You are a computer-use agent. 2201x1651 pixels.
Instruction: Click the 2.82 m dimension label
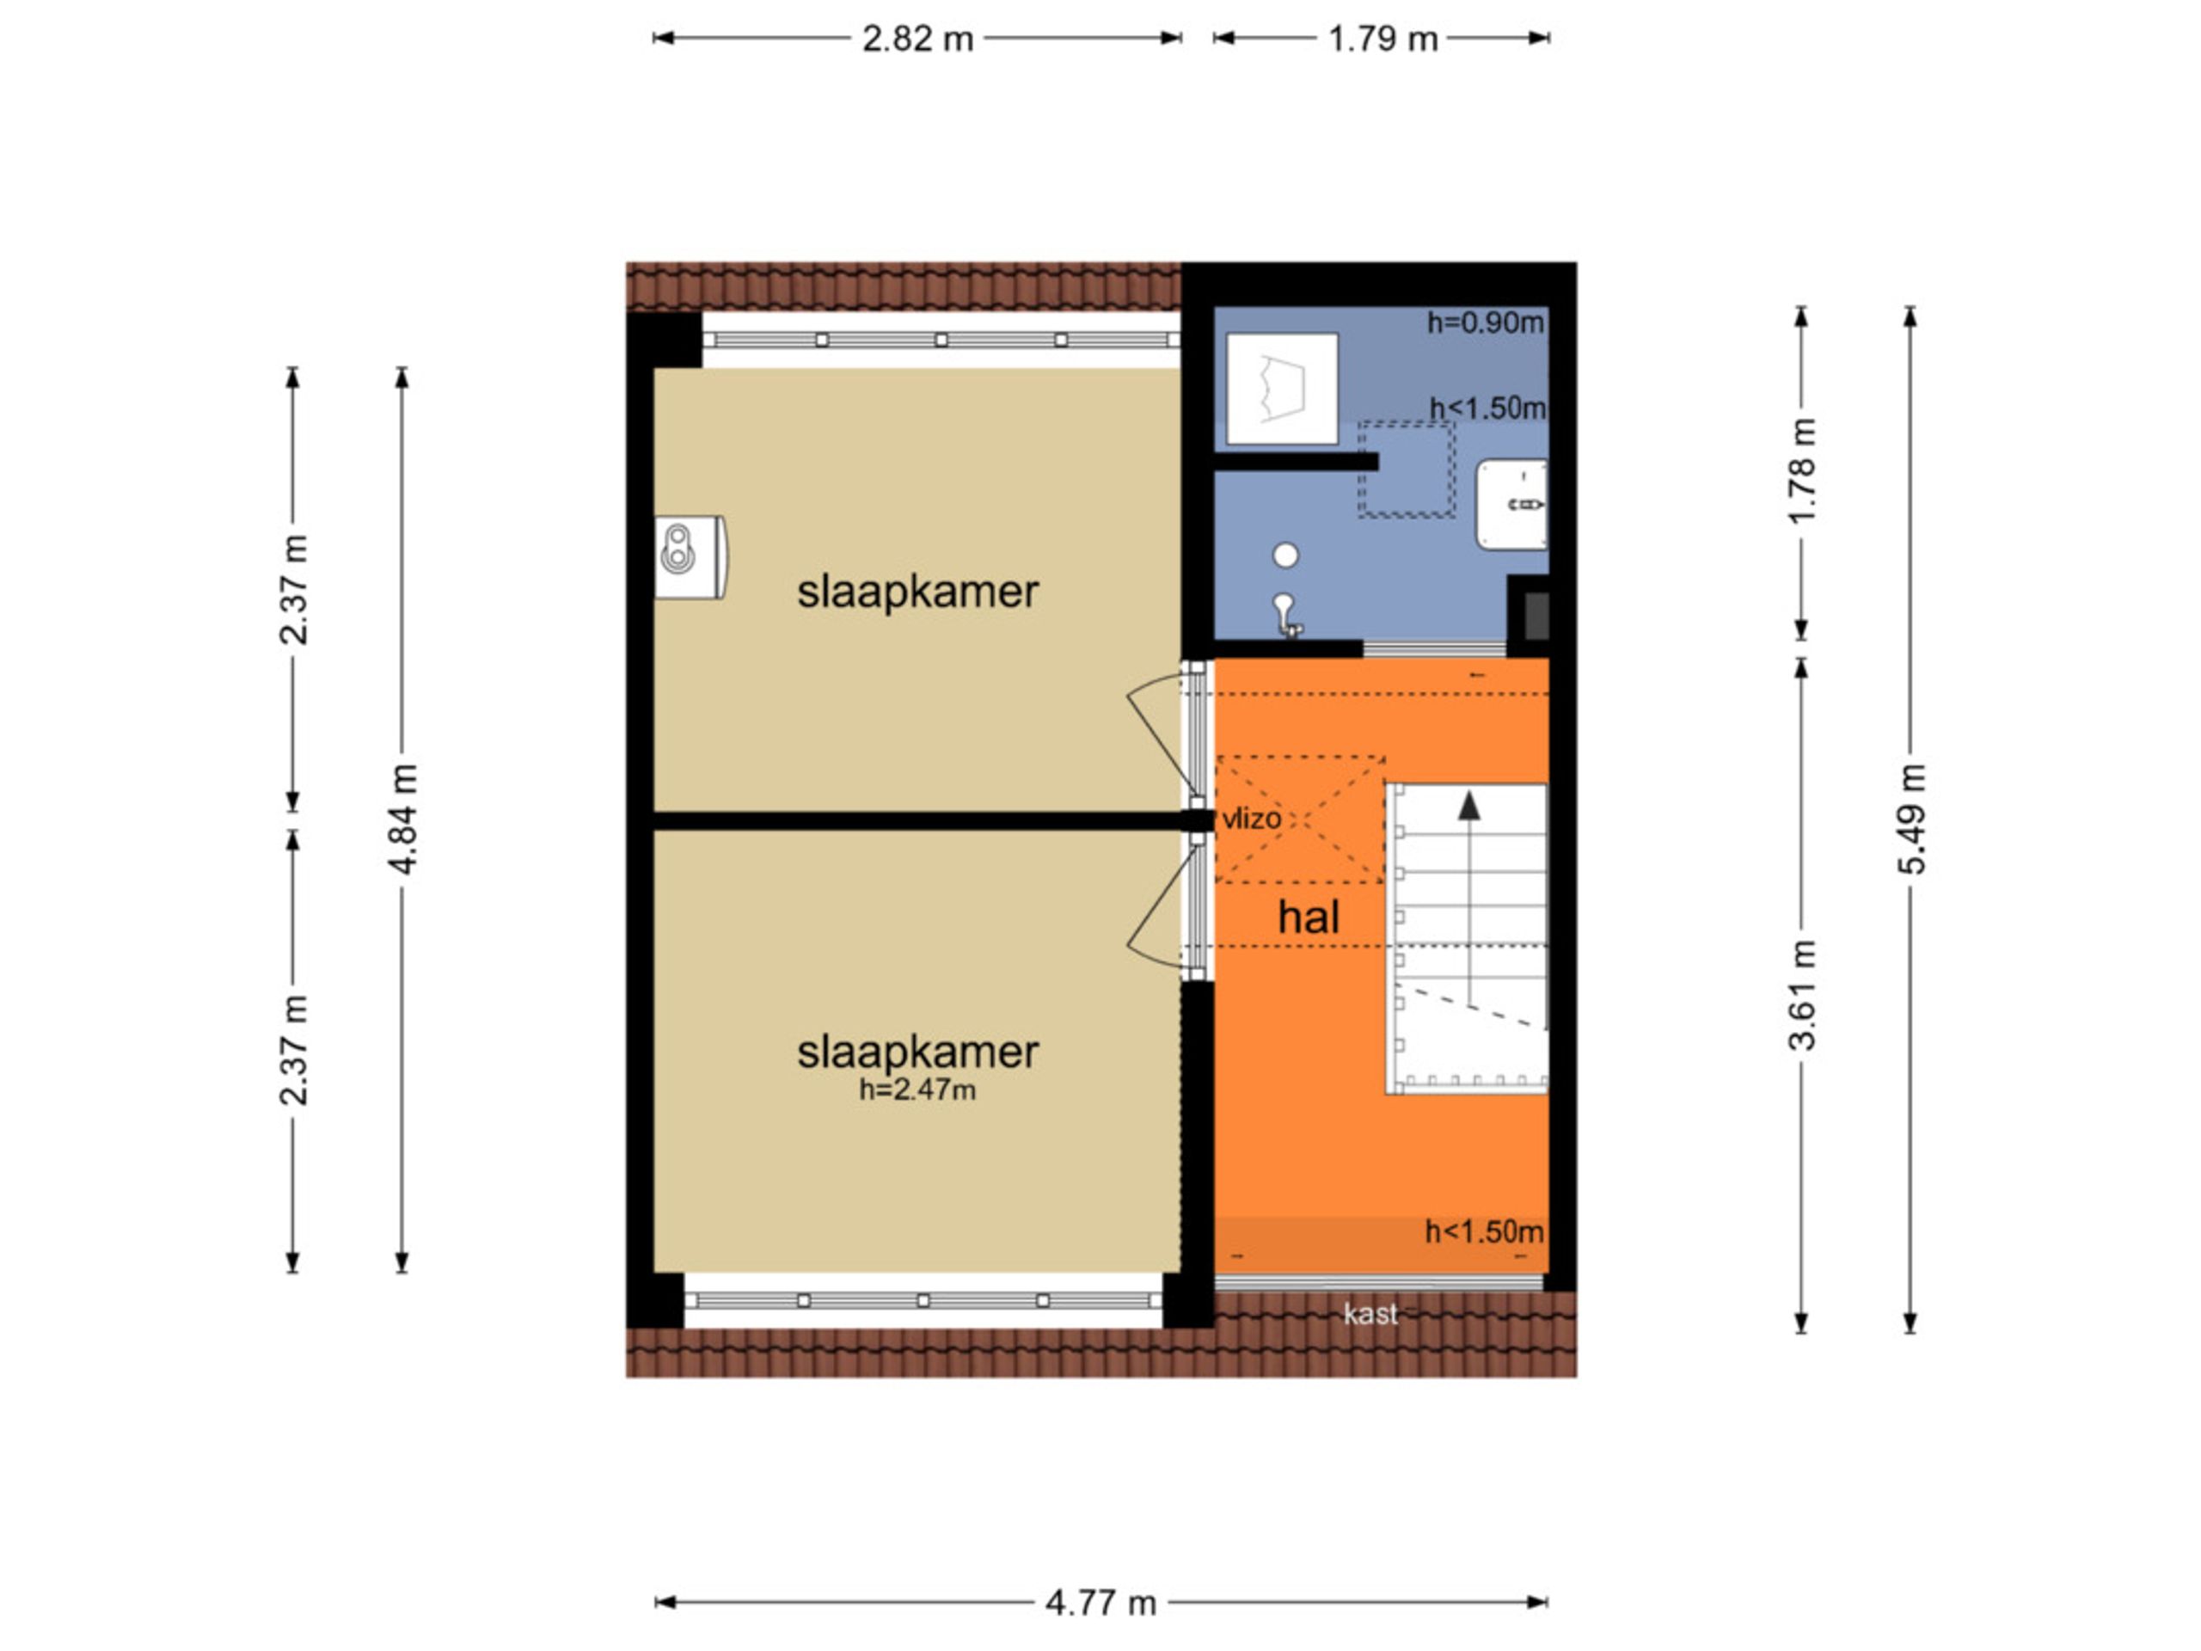point(917,39)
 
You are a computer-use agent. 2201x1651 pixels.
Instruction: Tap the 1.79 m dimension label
point(1383,39)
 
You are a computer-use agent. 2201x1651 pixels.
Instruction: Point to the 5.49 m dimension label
point(1910,819)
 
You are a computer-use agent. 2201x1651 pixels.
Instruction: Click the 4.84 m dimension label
point(402,819)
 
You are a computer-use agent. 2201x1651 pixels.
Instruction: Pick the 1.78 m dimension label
point(1802,469)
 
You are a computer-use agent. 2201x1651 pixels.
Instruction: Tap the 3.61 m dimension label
point(1802,994)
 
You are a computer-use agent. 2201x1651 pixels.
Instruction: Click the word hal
point(1309,917)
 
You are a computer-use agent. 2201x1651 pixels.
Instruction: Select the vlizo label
point(1252,818)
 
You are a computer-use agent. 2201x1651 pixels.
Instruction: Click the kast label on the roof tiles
point(1370,1314)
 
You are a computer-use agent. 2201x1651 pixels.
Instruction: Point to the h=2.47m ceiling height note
point(917,1089)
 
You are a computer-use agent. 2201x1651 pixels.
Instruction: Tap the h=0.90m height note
point(1486,322)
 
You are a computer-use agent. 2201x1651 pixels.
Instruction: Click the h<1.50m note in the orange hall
point(1485,1232)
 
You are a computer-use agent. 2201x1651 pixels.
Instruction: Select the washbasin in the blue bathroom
point(1511,504)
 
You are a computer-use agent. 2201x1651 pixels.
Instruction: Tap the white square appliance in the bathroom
point(1282,388)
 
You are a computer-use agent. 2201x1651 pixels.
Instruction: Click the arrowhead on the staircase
point(1468,804)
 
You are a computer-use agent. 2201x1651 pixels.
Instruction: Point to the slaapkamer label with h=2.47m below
point(917,1052)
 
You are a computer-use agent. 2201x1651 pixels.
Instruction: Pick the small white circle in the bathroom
point(1285,555)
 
